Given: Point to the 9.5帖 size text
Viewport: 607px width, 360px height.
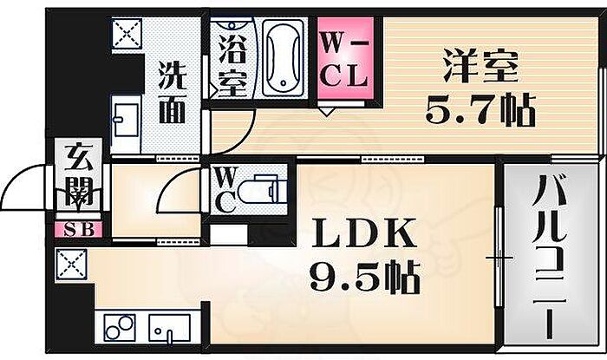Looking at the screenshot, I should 364,279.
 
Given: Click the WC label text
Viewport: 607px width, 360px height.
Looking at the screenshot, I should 222,189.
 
